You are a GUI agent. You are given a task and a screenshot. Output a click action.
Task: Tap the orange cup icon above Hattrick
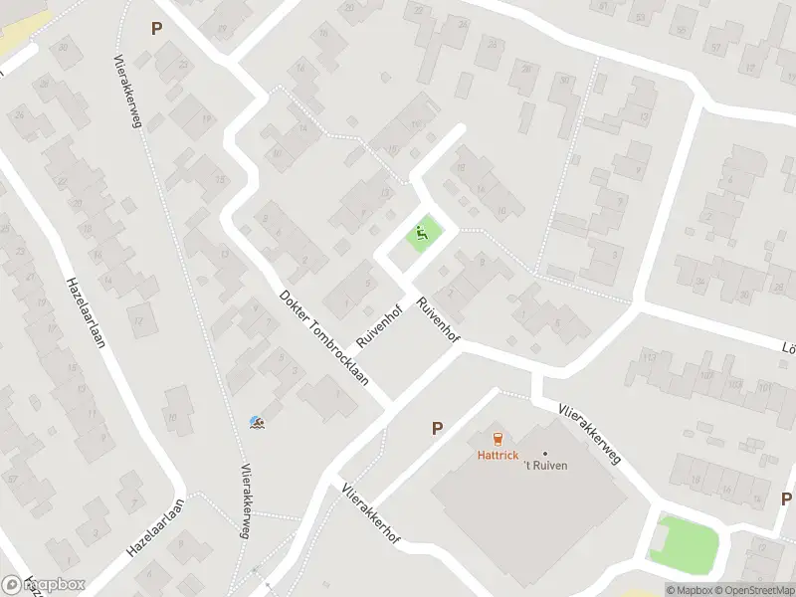point(497,438)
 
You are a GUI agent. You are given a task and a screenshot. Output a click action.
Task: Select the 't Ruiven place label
point(545,465)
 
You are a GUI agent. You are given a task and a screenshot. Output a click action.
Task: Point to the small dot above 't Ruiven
point(545,454)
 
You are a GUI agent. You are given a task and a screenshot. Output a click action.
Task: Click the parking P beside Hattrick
point(436,428)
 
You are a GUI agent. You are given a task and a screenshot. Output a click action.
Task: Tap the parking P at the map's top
point(156,29)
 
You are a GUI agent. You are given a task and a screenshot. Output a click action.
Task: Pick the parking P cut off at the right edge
point(786,498)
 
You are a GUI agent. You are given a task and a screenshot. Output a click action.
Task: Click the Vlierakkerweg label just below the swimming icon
point(244,500)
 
